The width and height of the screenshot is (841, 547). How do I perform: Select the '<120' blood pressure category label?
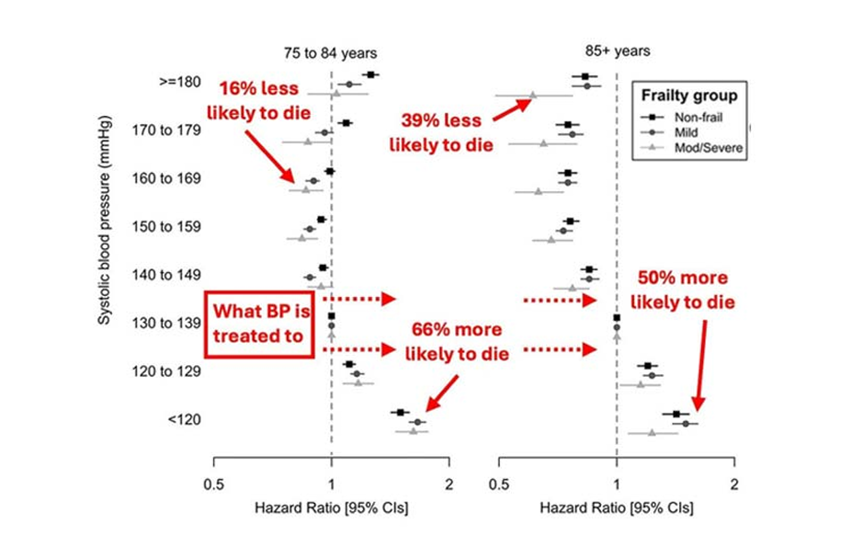coord(178,420)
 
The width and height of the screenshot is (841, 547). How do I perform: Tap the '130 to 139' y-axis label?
coord(164,324)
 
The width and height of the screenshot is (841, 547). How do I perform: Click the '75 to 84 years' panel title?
coord(330,54)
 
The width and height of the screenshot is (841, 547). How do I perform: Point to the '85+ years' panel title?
coord(617,51)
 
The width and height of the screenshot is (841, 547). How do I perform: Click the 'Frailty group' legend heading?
coord(688,95)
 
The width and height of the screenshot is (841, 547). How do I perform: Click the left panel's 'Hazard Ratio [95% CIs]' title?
coord(332,507)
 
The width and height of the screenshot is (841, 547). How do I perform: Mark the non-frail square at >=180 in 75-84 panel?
coord(370,74)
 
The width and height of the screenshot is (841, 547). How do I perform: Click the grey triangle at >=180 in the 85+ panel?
coord(532,95)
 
